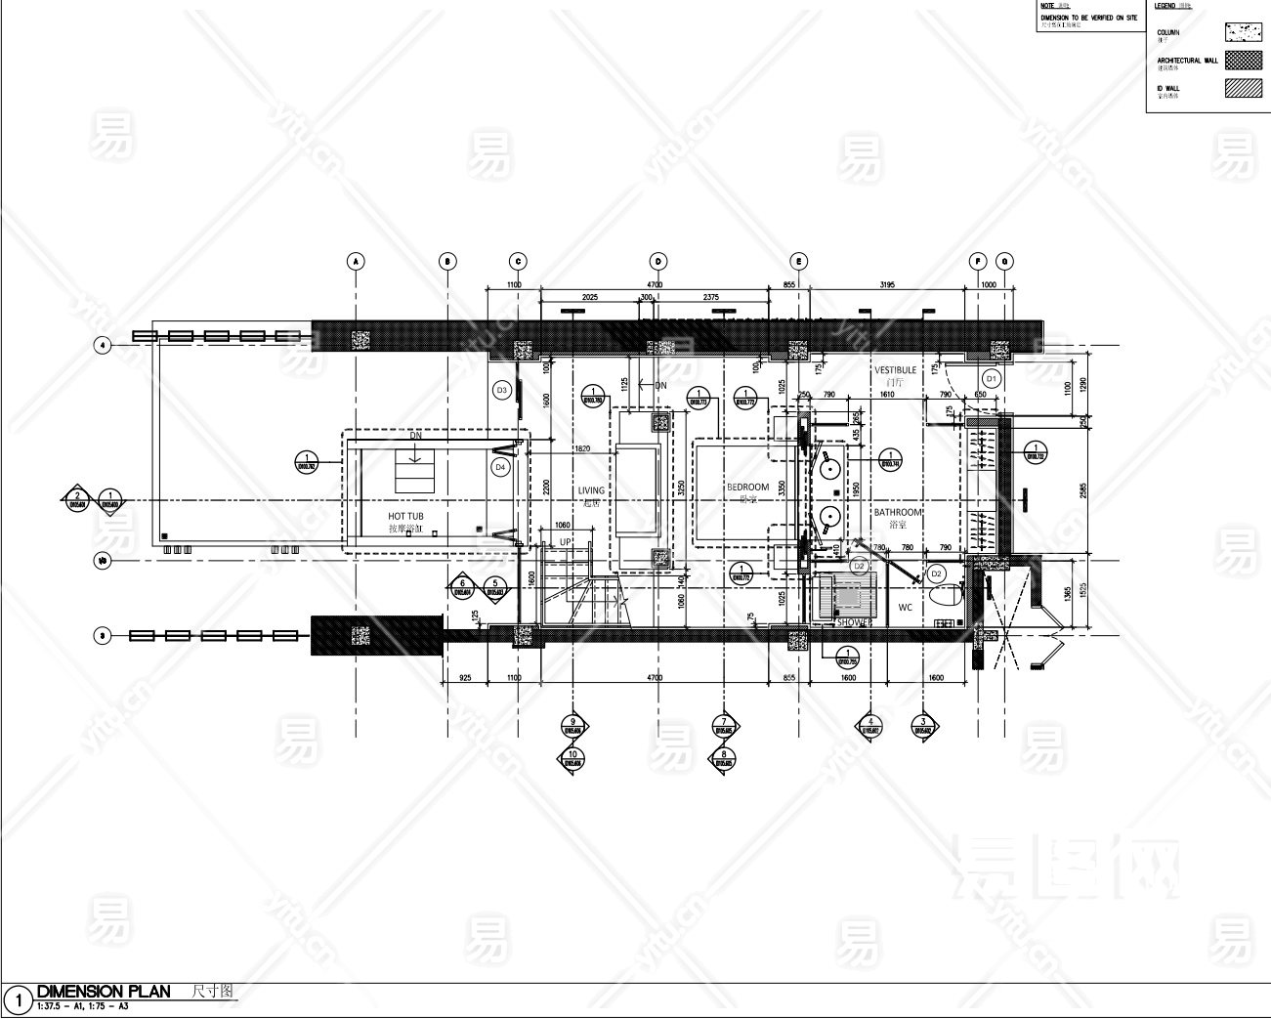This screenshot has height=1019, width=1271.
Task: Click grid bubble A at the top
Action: click(356, 261)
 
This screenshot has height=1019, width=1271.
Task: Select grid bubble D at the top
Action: click(658, 261)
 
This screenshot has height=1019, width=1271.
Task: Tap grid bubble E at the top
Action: click(799, 261)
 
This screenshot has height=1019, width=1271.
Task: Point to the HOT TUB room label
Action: click(405, 517)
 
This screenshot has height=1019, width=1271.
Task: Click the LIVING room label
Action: click(591, 490)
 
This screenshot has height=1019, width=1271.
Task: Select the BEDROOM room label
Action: click(747, 487)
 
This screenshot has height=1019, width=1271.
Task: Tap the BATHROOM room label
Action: click(897, 512)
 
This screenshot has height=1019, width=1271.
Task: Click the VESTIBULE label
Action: click(895, 370)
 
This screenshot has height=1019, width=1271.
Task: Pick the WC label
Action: click(905, 608)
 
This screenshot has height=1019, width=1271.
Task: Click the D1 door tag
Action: click(991, 377)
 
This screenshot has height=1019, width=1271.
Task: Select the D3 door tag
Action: click(501, 390)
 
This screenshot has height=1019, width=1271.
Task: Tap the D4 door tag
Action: click(500, 467)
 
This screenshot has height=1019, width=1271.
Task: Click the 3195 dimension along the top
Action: click(887, 284)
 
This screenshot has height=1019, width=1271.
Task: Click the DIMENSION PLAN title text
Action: click(104, 992)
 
